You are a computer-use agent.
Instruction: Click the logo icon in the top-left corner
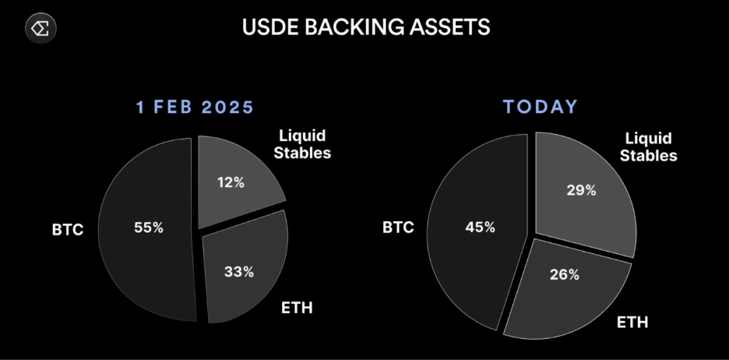pos(41,28)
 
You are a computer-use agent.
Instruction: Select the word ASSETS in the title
pos(449,27)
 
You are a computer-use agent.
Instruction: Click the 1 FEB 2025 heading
pos(195,108)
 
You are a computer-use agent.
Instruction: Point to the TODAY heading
pos(541,107)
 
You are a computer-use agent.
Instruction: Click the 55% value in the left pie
pos(149,228)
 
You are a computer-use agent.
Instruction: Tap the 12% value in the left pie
pos(231,182)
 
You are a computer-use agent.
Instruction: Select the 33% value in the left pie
pos(239,272)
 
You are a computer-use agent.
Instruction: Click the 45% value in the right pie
pos(481,227)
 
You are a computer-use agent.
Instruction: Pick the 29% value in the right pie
pos(581,190)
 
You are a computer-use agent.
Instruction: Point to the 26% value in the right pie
pos(565,274)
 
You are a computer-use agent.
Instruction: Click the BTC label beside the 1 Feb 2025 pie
pos(68,229)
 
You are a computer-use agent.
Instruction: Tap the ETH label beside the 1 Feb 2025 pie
pos(297,308)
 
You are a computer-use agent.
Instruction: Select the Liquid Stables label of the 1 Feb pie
pos(302,144)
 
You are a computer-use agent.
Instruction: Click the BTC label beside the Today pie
pos(398,227)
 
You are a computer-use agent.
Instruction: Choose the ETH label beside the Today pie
pos(632,322)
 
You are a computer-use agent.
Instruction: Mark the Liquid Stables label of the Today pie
pos(649,146)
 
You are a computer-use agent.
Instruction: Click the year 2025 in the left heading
pos(227,108)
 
